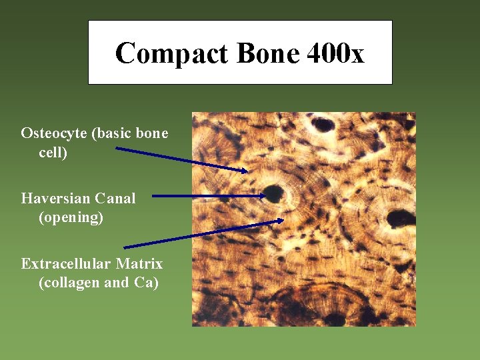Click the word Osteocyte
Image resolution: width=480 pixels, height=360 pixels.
(x=54, y=133)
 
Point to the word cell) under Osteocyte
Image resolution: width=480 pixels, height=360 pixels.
(x=53, y=153)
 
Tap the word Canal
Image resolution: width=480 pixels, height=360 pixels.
(x=115, y=198)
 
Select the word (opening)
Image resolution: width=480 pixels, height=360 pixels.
(x=71, y=217)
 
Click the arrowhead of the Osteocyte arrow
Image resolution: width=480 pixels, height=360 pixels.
(x=245, y=171)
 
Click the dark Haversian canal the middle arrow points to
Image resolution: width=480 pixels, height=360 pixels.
(x=273, y=194)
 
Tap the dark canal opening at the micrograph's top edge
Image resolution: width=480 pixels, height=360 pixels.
(x=324, y=123)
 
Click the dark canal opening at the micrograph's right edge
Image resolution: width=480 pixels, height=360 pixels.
(x=399, y=217)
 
